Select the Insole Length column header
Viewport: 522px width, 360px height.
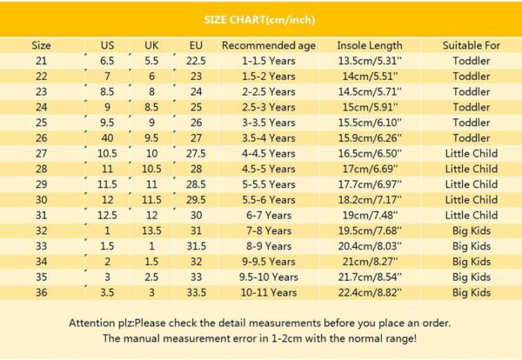(370, 45)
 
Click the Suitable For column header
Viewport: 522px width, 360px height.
(471, 45)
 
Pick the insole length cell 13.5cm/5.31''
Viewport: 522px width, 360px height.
(370, 61)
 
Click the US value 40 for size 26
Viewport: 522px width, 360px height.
(107, 138)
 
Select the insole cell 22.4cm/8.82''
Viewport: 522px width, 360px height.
(370, 292)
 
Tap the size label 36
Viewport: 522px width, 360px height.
(41, 292)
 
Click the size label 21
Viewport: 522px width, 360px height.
(41, 61)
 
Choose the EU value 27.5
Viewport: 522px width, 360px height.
(197, 153)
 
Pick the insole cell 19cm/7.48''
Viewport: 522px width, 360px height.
(370, 215)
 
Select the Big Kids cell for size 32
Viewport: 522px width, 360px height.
(471, 230)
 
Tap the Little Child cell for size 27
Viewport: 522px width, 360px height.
(471, 153)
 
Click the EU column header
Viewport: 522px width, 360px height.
(197, 45)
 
